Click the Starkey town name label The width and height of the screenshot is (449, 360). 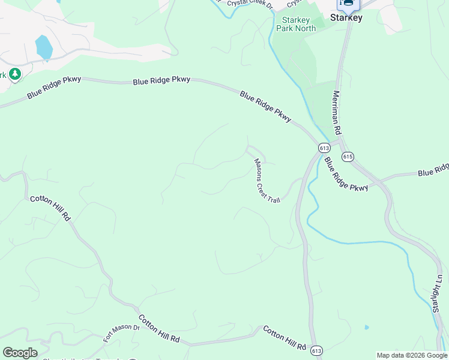[x=346, y=18]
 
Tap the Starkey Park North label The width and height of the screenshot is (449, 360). [x=296, y=24]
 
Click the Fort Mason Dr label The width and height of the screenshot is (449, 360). [x=121, y=333]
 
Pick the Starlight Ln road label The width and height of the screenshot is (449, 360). [x=437, y=293]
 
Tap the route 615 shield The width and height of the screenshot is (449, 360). [x=348, y=156]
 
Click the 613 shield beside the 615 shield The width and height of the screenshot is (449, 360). [x=324, y=148]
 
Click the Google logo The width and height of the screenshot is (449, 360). [x=19, y=353]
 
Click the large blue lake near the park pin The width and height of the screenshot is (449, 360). [x=44, y=47]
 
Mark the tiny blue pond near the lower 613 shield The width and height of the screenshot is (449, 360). [x=366, y=328]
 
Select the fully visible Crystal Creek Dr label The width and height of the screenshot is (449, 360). [x=250, y=5]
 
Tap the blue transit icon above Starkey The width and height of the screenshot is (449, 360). [x=348, y=4]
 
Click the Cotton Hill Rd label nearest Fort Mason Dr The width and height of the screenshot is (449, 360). [x=159, y=328]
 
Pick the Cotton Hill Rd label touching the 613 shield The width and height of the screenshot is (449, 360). [x=284, y=338]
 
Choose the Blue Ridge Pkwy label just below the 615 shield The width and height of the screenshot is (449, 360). [x=346, y=175]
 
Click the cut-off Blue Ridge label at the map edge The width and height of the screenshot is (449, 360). [x=433, y=171]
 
